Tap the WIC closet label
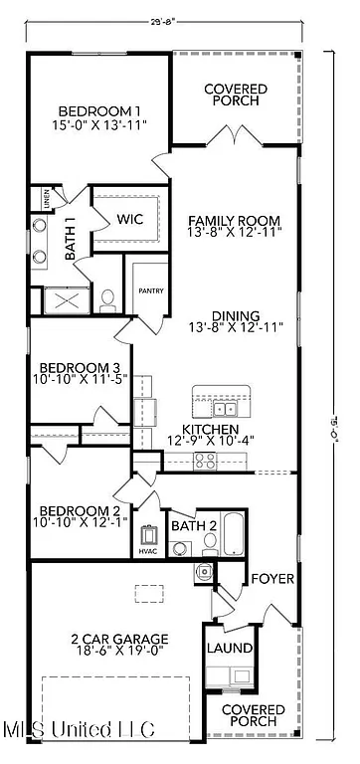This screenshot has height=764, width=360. pos(130,219)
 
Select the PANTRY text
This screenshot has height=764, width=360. pos(151,291)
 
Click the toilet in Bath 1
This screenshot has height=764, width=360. pos(108,298)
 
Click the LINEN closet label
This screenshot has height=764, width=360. pos(47,201)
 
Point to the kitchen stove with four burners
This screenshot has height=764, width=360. pos(205,460)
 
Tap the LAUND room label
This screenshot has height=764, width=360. pos(230,649)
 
